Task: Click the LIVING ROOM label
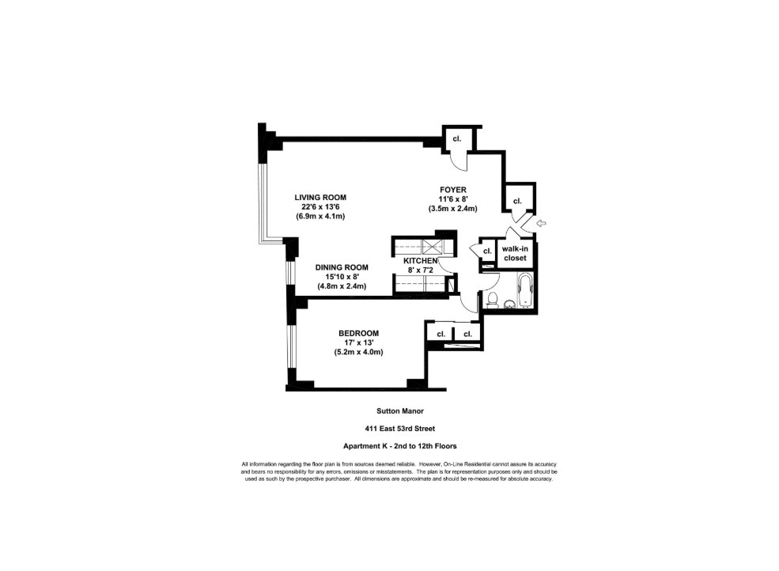320,197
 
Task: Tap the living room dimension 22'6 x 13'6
320,206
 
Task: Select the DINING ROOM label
342,267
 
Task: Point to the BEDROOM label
358,333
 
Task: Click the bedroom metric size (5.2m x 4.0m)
358,352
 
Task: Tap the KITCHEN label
421,260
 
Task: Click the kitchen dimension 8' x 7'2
421,270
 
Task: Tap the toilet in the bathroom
491,298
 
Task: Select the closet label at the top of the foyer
456,138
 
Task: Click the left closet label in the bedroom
440,335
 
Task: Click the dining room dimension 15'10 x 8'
342,277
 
